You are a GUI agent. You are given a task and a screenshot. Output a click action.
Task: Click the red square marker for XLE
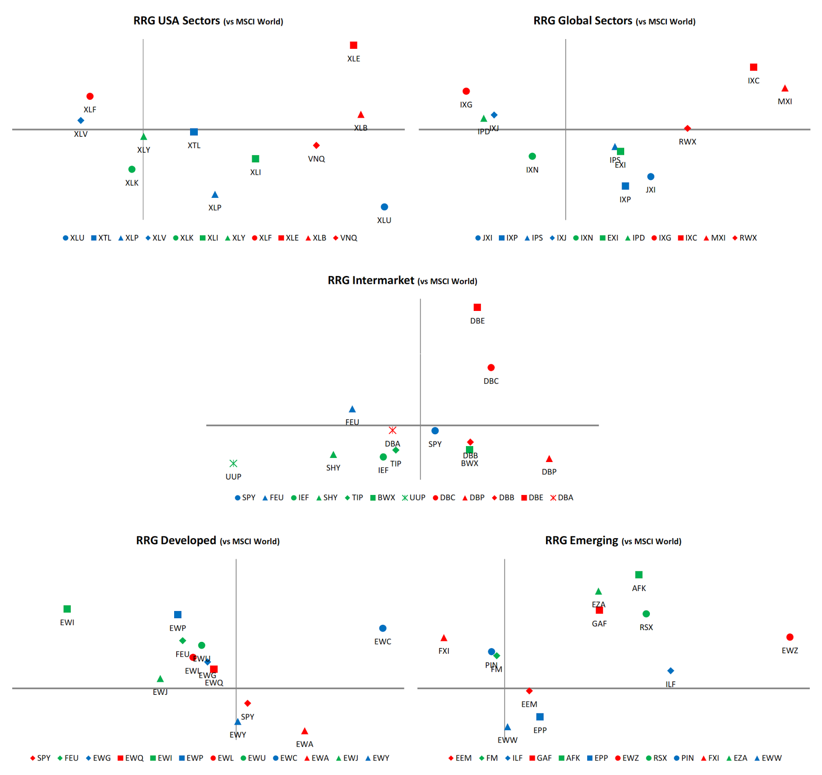[x=353, y=45]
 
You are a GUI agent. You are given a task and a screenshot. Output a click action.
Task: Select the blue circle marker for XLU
[x=384, y=207]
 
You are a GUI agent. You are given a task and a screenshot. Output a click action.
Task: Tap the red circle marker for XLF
[x=90, y=96]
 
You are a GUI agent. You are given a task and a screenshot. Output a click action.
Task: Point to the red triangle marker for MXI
[x=784, y=88]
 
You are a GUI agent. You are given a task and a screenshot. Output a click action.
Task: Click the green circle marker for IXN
[x=532, y=156]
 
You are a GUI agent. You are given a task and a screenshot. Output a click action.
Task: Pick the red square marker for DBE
[x=477, y=307]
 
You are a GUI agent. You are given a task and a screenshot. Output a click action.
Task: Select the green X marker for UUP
[x=233, y=464]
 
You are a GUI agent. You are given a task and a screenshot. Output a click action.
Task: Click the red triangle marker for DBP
[x=549, y=459]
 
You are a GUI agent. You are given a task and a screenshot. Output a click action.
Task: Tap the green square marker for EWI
[x=67, y=609]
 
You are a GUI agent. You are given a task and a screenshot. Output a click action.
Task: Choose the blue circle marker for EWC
[x=383, y=628]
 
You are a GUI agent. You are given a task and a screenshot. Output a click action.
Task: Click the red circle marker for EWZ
[x=790, y=637]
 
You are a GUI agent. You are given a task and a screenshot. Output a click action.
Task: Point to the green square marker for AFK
[x=639, y=575]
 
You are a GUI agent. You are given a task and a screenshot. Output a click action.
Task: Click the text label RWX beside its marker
[x=687, y=142]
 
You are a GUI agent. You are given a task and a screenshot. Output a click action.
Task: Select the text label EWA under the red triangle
[x=305, y=744]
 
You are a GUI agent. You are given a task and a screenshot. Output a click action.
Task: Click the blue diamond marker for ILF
[x=670, y=671]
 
